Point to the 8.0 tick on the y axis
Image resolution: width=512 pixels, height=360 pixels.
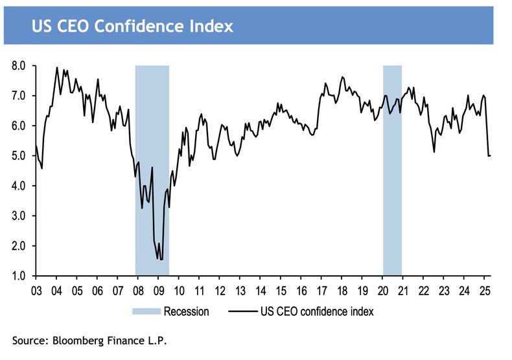pyautogui.click(x=18, y=66)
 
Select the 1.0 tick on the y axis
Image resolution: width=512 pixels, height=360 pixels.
pyautogui.click(x=18, y=276)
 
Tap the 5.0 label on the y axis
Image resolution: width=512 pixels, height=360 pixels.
pyautogui.click(x=18, y=156)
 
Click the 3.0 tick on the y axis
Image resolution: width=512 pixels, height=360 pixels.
pyautogui.click(x=18, y=216)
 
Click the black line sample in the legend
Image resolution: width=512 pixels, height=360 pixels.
pyautogui.click(x=245, y=311)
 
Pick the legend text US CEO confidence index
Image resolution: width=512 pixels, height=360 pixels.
pyautogui.click(x=318, y=311)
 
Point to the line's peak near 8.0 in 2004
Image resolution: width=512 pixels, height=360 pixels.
pyautogui.click(x=57, y=67)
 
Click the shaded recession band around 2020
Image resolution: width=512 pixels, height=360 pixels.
pyautogui.click(x=392, y=194)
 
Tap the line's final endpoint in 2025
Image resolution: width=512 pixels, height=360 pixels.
pyautogui.click(x=490, y=155)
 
